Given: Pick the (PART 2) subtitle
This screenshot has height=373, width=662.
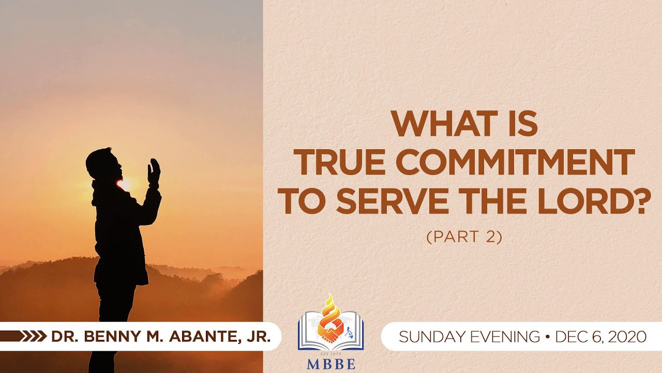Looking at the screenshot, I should [464, 237].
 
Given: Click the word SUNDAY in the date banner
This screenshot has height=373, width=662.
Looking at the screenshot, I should [425, 337].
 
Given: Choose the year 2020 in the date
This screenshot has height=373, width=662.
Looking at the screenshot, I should [627, 337].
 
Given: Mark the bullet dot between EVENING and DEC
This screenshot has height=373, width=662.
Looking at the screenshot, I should [548, 337].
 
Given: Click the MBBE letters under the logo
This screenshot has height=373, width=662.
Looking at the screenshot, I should [331, 364].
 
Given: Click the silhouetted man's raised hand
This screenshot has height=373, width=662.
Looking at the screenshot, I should [154, 171].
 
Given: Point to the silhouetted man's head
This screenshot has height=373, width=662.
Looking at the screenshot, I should [99, 163].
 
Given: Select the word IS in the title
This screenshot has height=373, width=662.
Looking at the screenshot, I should [524, 124].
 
